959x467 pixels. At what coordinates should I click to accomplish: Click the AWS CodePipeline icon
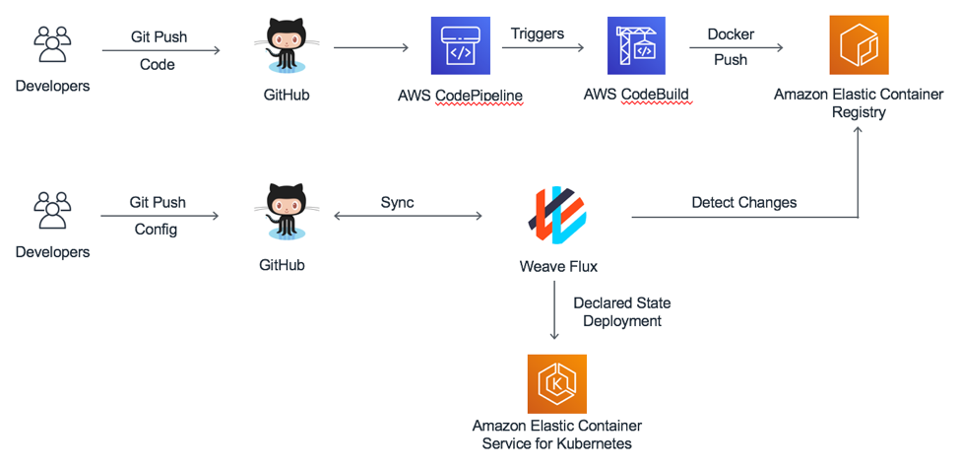(x=460, y=45)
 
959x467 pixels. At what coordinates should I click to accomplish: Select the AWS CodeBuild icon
(x=636, y=45)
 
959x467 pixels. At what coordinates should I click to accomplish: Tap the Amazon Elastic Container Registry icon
(x=859, y=45)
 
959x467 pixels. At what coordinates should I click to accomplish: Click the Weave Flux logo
(x=558, y=214)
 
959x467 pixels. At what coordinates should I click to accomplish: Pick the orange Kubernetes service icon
(x=556, y=384)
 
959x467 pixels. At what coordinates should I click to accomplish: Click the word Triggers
(x=538, y=33)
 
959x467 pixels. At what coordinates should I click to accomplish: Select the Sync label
(x=397, y=202)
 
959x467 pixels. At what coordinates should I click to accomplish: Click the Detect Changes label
(x=743, y=202)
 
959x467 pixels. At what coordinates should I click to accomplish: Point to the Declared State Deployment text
(x=621, y=311)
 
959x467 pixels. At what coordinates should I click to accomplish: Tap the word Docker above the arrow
(x=731, y=33)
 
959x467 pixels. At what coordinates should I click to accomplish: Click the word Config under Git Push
(x=158, y=229)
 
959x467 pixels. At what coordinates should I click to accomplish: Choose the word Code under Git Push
(x=158, y=64)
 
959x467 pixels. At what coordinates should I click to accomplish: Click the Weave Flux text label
(x=558, y=266)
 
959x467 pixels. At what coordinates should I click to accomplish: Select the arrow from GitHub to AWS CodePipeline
(x=371, y=46)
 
